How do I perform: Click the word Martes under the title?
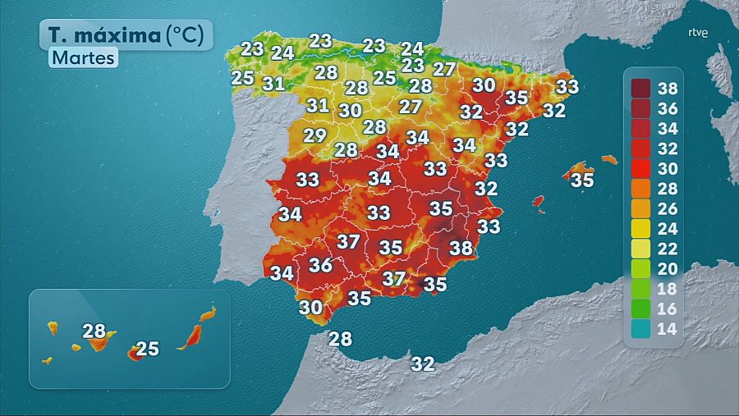[x=83, y=58]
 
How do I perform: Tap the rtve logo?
[x=698, y=34]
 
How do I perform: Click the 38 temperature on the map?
[x=461, y=247]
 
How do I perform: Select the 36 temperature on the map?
[x=320, y=265]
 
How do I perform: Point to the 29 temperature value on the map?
[x=315, y=136]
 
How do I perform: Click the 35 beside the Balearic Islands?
[x=582, y=181]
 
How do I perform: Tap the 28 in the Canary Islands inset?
[x=94, y=331]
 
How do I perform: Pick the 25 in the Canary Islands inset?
[x=147, y=349]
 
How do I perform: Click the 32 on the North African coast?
[x=423, y=363]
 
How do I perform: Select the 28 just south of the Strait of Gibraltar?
[x=340, y=338]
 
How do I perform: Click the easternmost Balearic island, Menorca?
[x=608, y=159]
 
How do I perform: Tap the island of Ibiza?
[x=539, y=201]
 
